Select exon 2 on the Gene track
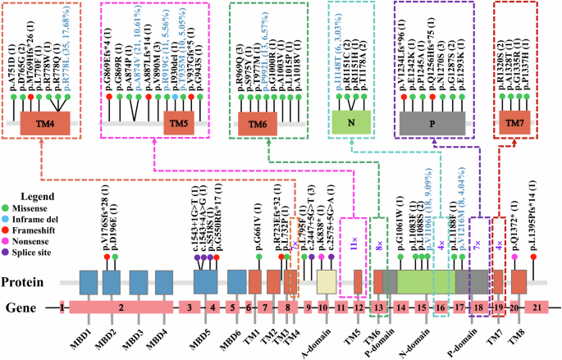(x=121, y=308)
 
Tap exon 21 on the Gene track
(x=537, y=308)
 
